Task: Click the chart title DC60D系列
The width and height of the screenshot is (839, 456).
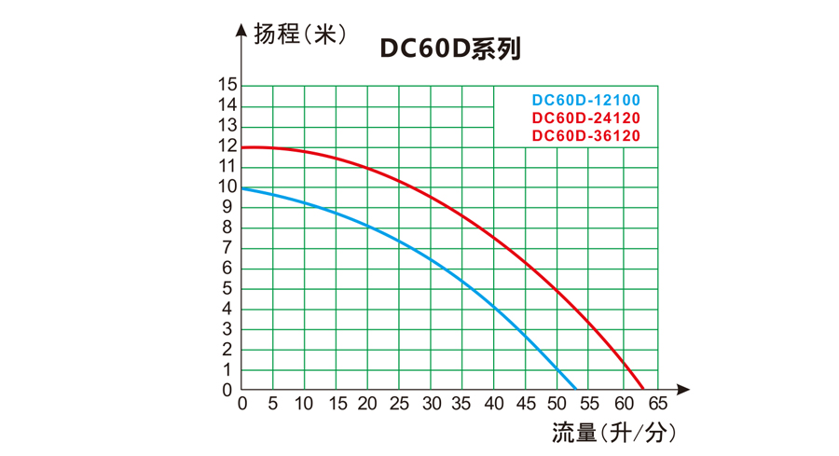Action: coord(450,49)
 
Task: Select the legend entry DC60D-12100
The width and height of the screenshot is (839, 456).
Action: coord(585,100)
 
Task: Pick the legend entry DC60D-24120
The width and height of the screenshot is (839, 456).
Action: coord(585,118)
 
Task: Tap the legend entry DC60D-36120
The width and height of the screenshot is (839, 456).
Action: coord(585,136)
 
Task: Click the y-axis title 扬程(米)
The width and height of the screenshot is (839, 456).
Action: coord(300,35)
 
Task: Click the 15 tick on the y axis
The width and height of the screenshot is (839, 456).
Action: coord(227,85)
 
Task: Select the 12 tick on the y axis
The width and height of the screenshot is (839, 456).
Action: coord(227,146)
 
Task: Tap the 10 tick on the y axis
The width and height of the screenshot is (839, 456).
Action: coord(227,187)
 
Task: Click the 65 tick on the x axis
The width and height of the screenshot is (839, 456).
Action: coord(658,405)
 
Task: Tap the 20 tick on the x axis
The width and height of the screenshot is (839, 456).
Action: coord(366,405)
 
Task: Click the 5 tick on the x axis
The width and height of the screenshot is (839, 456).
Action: coord(273,405)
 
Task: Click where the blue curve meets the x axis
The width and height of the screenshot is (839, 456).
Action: coord(577,389)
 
